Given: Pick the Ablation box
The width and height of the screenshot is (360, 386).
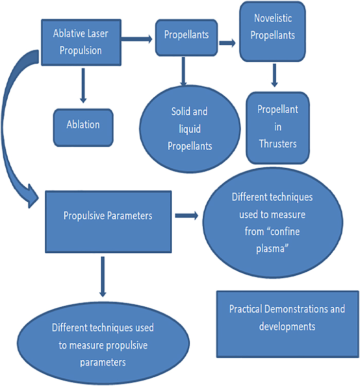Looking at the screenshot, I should click(x=83, y=125).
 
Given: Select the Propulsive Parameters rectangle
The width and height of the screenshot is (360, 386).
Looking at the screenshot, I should click(x=107, y=216).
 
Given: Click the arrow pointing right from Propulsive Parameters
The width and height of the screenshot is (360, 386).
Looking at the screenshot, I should click(x=188, y=216).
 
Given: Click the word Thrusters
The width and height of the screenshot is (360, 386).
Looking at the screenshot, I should click(x=278, y=144).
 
